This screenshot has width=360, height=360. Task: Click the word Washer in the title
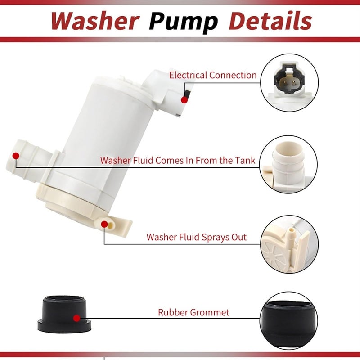(95, 21)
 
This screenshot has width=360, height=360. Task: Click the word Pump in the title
(184, 21)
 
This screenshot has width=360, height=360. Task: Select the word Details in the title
(270, 21)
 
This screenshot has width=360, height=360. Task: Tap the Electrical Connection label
(212, 75)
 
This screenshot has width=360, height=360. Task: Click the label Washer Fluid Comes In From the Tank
(177, 160)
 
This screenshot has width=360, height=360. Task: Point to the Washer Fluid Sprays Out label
(196, 237)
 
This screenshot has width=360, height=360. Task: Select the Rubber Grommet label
(193, 312)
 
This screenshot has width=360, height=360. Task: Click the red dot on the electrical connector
(184, 99)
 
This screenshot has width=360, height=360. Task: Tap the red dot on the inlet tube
(16, 156)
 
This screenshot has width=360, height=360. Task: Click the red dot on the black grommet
(76, 318)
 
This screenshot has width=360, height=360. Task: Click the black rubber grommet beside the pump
(63, 315)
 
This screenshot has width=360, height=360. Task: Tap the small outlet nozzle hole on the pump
(105, 224)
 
